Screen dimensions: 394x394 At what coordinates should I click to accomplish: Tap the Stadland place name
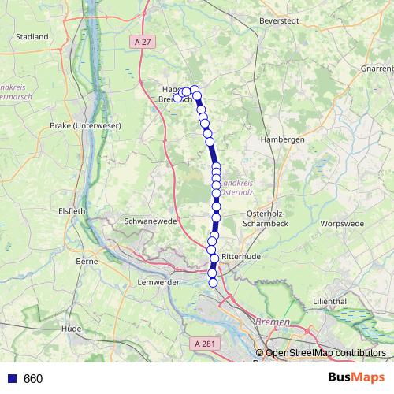32,37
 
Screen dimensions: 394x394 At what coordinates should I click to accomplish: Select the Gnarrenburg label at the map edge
377,69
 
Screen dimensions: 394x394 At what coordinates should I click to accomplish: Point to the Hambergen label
282,139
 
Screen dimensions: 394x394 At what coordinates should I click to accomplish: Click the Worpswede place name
342,224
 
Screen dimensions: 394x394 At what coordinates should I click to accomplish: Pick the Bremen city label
273,323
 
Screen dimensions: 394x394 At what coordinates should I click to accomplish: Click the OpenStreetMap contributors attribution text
325,353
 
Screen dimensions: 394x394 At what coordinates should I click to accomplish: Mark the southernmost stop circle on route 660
213,282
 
